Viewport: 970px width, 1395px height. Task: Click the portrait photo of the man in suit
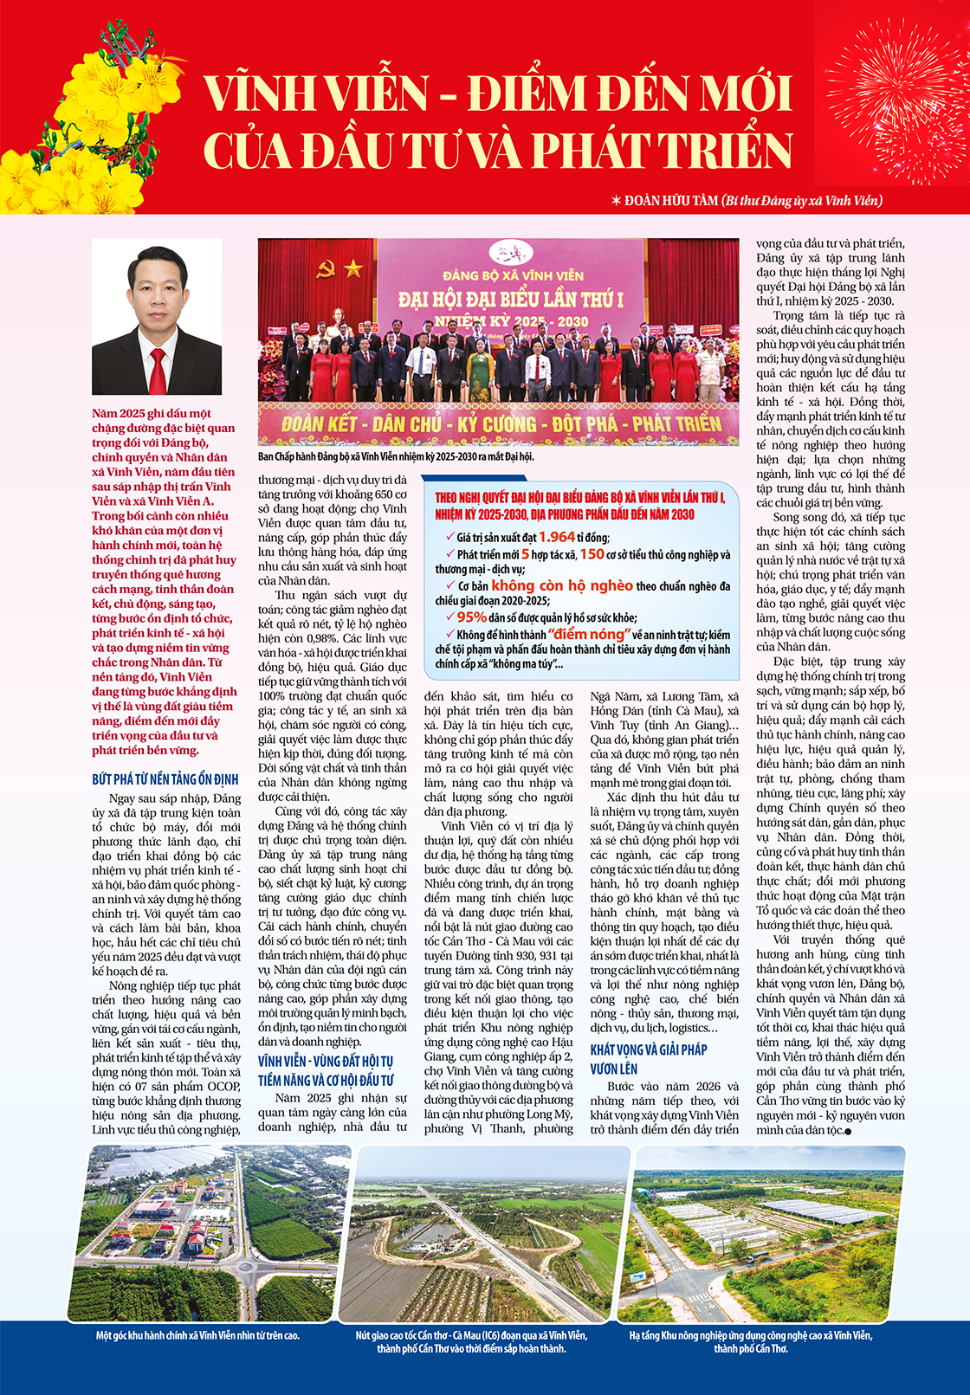[157, 317]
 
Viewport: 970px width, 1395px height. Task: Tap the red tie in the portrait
[158, 371]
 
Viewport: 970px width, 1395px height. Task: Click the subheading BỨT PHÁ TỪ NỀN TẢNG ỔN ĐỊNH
[165, 779]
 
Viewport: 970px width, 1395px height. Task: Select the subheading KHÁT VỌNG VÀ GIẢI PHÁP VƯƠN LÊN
[649, 1059]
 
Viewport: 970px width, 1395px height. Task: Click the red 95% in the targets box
[472, 617]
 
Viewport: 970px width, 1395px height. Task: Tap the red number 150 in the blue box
[592, 554]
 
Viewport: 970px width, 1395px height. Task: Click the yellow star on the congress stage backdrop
[352, 268]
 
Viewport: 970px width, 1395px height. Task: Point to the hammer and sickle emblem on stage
[327, 269]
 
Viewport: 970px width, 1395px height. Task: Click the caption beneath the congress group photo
[396, 456]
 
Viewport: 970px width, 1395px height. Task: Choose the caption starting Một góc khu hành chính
[198, 1335]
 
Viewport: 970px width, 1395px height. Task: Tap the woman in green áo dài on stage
[479, 370]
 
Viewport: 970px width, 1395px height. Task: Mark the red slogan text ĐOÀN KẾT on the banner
[313, 424]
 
